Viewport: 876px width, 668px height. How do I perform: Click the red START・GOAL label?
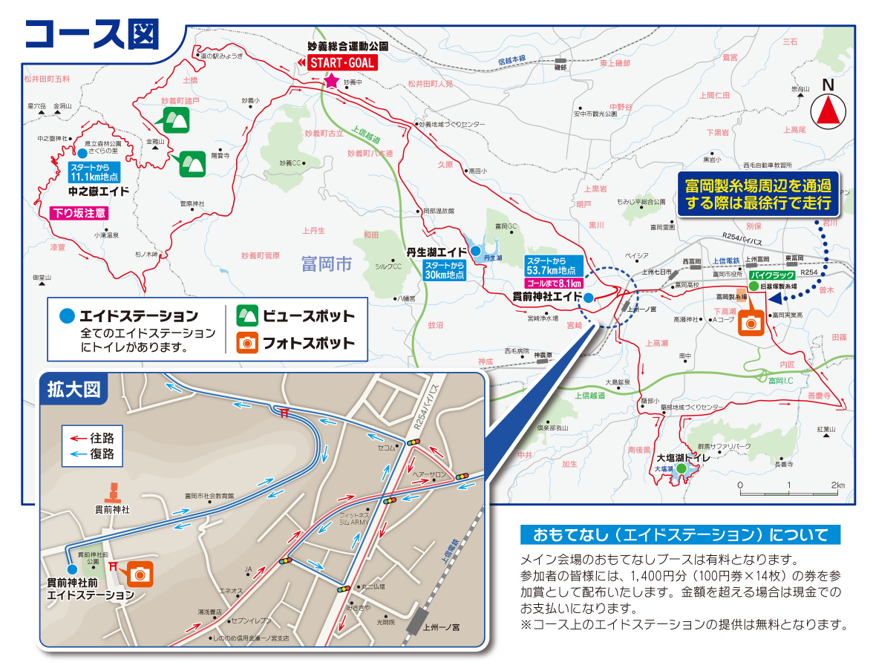342,63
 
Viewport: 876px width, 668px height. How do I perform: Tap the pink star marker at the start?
331,80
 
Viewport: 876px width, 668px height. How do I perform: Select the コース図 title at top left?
92,31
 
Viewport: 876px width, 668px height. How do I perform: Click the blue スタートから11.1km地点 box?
94,173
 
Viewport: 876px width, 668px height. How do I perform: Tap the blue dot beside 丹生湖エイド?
475,250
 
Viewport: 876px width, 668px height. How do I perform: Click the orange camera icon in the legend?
246,343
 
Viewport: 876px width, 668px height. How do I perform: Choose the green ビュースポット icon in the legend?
246,315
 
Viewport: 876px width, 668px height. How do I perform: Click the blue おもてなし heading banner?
680,534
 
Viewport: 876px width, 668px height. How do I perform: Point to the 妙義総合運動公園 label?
348,46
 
